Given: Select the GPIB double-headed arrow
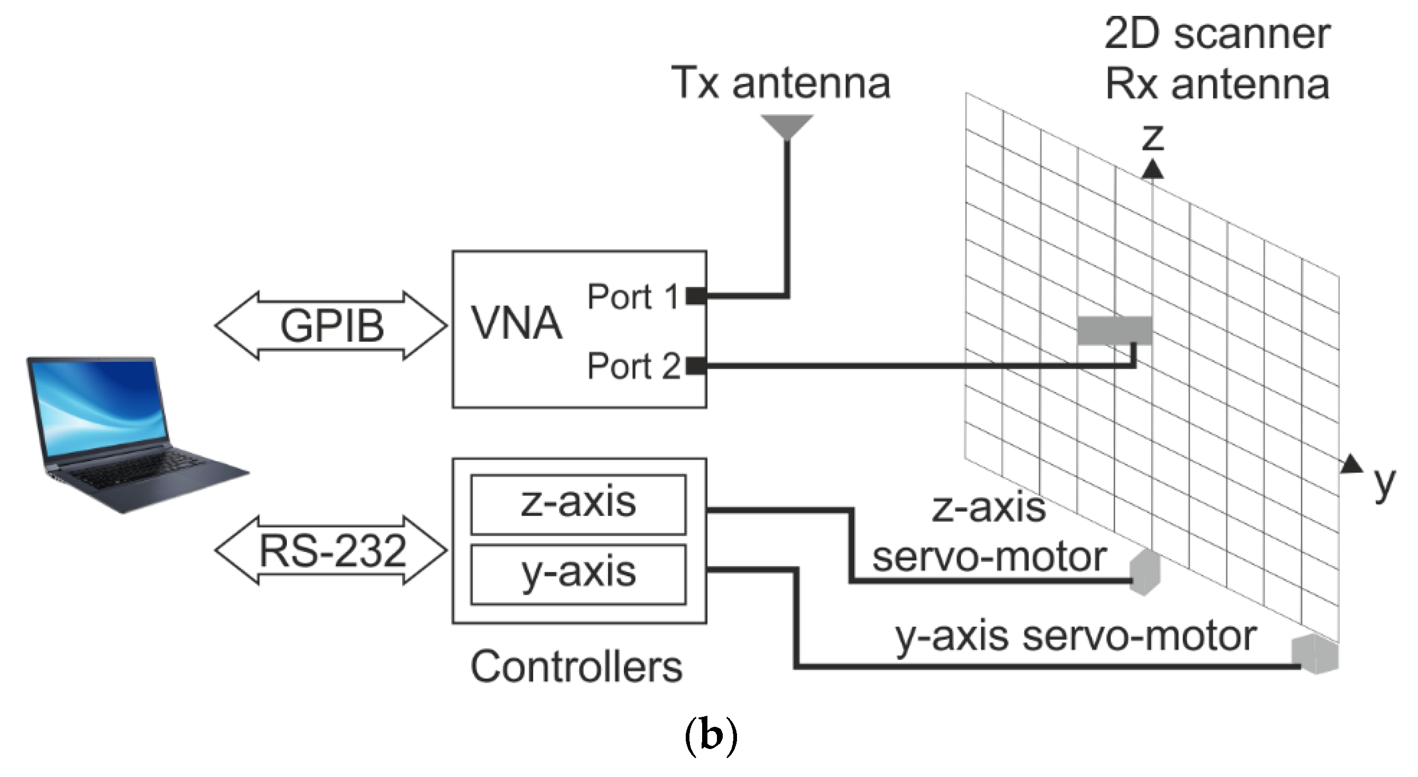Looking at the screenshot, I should (331, 326).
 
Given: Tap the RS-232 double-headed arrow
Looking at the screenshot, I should (331, 550).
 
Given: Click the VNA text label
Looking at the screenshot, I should (516, 324).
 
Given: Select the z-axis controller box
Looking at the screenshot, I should (578, 503).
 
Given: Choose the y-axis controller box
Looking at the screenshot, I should (578, 574).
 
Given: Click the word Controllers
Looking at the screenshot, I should (576, 667).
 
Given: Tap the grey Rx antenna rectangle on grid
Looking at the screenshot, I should (1114, 330).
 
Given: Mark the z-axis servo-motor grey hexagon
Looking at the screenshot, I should (1145, 572).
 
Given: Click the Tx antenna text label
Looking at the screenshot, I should (780, 83).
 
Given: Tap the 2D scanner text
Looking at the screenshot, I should (1217, 34).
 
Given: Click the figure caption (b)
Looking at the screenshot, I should (710, 736).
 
